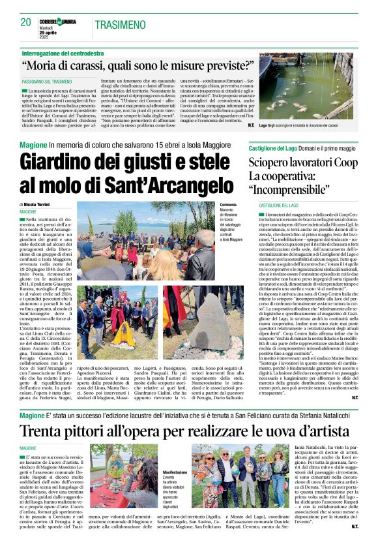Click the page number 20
click(x=26, y=23)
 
